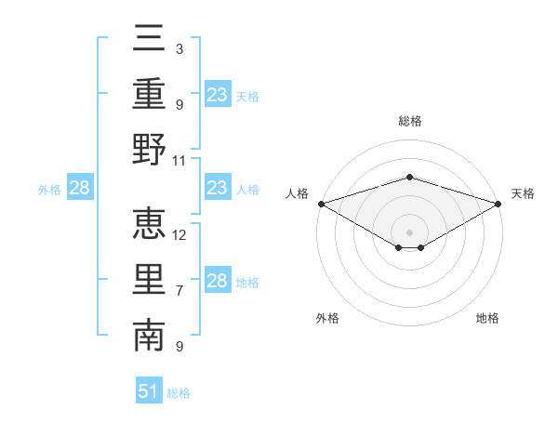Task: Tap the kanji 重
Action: click(x=149, y=94)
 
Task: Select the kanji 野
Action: click(x=149, y=149)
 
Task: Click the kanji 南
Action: click(x=149, y=336)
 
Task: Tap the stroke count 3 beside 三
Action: click(x=179, y=48)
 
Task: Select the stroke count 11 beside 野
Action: click(x=179, y=160)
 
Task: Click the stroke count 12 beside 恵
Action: click(x=180, y=234)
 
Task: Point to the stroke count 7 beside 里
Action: click(x=179, y=291)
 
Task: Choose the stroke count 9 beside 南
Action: click(x=179, y=347)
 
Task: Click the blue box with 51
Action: click(x=149, y=391)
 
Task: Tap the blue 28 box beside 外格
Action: click(x=80, y=189)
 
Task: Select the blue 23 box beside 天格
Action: click(x=218, y=95)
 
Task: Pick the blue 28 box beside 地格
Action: click(x=218, y=281)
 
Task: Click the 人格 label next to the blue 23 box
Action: click(x=247, y=190)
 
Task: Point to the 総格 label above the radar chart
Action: click(x=409, y=121)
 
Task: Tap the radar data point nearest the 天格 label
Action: click(x=498, y=204)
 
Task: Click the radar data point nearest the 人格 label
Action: click(x=321, y=204)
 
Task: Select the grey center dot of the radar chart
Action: click(x=409, y=232)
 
